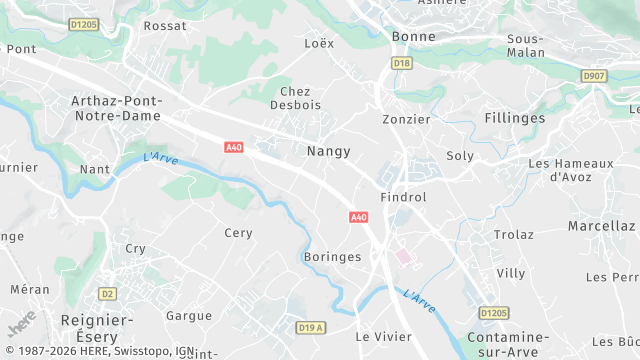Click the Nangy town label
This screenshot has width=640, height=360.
click(328, 151)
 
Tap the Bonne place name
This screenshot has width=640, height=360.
click(413, 36)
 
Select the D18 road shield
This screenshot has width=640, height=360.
click(402, 63)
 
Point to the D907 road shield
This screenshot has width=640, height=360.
click(595, 75)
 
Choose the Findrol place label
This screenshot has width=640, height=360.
click(403, 197)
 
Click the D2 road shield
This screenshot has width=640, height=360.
click(107, 293)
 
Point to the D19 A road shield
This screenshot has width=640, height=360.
click(312, 327)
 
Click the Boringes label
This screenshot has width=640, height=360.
click(331, 257)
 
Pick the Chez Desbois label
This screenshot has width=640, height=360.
click(294, 98)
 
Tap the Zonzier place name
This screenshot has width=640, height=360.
click(406, 119)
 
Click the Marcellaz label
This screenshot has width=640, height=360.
click(601, 226)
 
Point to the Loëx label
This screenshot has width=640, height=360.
click(318, 44)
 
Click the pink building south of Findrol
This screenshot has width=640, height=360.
click(404, 257)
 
